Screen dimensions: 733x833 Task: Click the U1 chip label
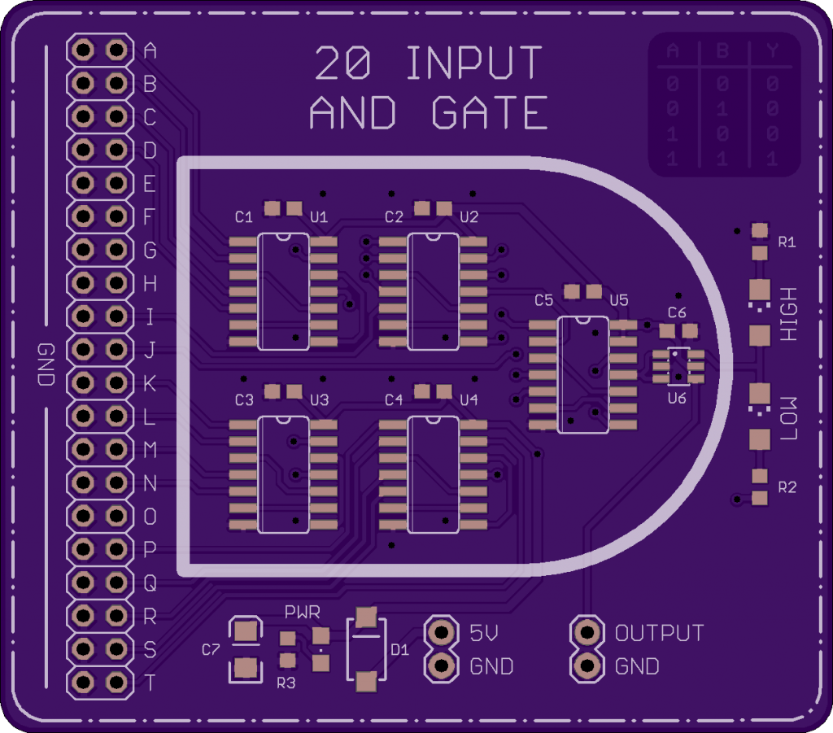click(319, 217)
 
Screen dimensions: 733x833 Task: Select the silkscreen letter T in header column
click(150, 683)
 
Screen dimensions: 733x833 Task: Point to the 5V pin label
click(486, 632)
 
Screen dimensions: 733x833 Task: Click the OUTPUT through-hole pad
click(586, 631)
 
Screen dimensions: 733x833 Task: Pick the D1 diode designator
click(399, 649)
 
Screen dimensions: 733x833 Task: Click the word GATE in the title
click(490, 113)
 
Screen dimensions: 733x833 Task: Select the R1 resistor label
click(787, 242)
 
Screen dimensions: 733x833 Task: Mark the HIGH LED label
click(788, 314)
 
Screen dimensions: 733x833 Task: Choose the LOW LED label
click(788, 419)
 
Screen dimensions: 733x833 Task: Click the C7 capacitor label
click(211, 649)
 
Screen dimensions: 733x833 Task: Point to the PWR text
click(303, 611)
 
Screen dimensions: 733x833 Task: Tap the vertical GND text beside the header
click(45, 364)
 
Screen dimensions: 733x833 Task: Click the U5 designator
click(619, 300)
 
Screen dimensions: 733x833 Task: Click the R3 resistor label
click(286, 683)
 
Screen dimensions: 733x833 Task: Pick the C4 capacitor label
click(394, 400)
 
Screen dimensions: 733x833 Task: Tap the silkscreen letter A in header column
click(150, 50)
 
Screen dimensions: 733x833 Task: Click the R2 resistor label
click(787, 487)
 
